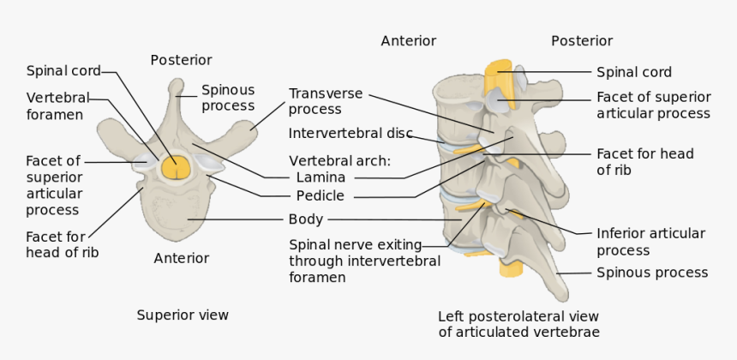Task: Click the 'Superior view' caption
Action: coord(183,315)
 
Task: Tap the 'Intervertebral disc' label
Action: coord(351,134)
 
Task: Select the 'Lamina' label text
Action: coord(321,177)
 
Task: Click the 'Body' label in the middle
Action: coord(305,219)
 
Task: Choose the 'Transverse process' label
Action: coord(326,101)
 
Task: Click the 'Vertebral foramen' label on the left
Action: coord(57,105)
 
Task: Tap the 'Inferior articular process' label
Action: coord(650,242)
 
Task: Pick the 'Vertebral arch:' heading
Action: coord(339,160)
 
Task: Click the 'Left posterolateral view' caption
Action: coord(518,323)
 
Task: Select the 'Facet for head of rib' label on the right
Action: coord(644,162)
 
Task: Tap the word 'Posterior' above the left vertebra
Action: coord(181,60)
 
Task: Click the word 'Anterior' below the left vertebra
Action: coord(181,258)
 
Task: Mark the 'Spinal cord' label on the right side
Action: coord(633,72)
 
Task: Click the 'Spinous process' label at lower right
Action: coord(652,273)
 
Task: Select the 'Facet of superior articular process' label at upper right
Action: coord(653,105)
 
